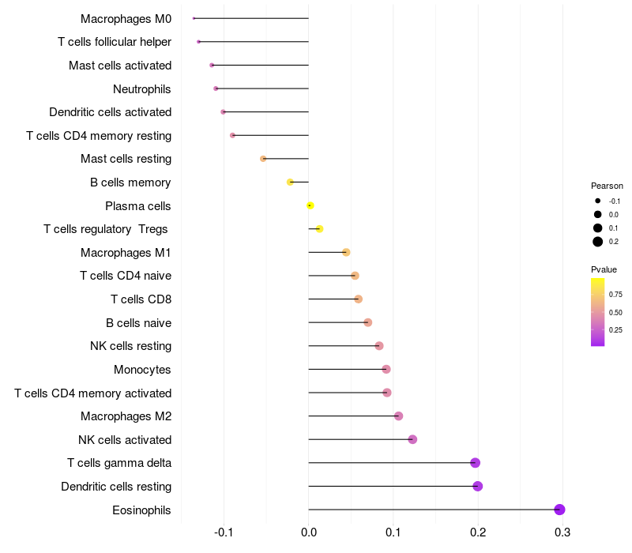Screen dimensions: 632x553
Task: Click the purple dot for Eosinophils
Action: pyautogui.click(x=559, y=510)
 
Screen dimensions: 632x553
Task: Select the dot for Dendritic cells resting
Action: pyautogui.click(x=478, y=486)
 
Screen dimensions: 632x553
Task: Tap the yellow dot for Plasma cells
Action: pyautogui.click(x=310, y=205)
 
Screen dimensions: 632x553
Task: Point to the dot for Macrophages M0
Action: pyautogui.click(x=194, y=18)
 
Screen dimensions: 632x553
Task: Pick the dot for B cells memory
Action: pyautogui.click(x=290, y=182)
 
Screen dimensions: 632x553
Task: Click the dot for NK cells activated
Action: pyautogui.click(x=412, y=439)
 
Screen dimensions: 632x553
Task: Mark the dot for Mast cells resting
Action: pyautogui.click(x=263, y=159)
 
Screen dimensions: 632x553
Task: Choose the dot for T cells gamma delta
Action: pyautogui.click(x=476, y=463)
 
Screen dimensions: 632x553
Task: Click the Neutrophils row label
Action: pyautogui.click(x=142, y=89)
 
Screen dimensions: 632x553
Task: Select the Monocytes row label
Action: pyautogui.click(x=142, y=370)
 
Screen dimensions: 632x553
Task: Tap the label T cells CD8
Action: pyautogui.click(x=141, y=299)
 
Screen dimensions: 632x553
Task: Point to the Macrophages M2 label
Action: pyautogui.click(x=126, y=416)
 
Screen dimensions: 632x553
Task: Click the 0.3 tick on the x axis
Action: pyautogui.click(x=562, y=532)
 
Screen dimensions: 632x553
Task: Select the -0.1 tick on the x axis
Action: pyautogui.click(x=224, y=532)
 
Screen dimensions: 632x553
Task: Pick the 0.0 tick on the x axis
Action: pyautogui.click(x=309, y=532)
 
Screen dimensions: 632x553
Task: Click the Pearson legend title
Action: pyautogui.click(x=607, y=186)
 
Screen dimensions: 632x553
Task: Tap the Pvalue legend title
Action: pyautogui.click(x=604, y=269)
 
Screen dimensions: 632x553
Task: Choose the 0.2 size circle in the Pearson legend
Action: pyautogui.click(x=598, y=242)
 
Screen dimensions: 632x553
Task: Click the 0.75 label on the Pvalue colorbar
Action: pyautogui.click(x=615, y=294)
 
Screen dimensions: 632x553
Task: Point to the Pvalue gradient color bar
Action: pyautogui.click(x=598, y=312)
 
